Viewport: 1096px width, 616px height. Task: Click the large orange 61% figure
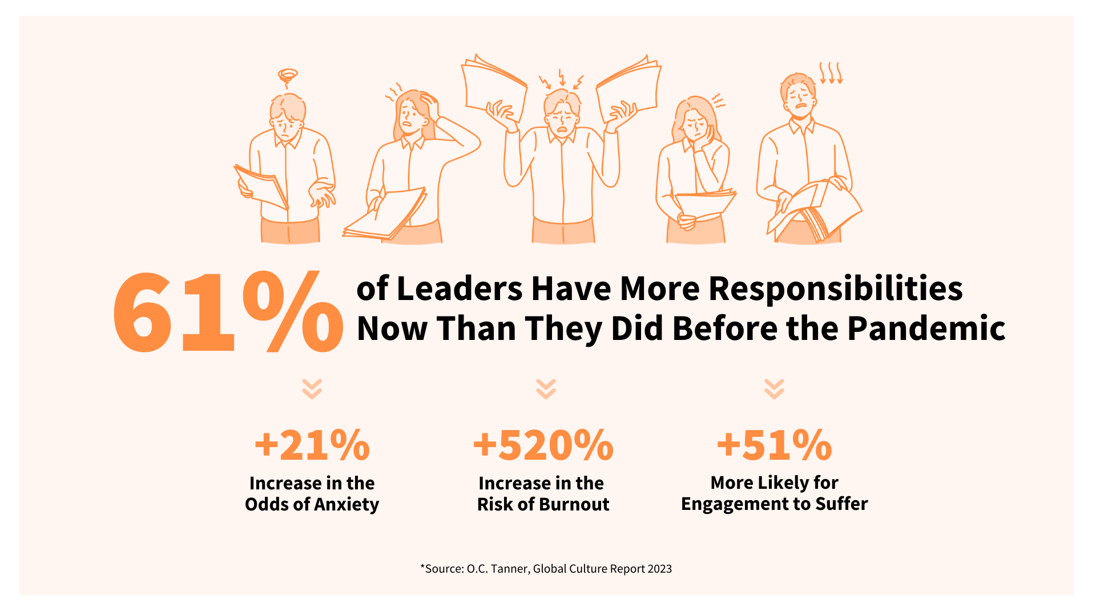227,313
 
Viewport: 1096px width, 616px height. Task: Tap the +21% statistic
312,445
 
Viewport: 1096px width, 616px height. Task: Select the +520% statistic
543,445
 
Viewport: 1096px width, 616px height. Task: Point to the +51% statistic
774,445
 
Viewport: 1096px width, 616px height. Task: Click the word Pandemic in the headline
926,329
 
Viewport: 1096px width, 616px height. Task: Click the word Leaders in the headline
459,289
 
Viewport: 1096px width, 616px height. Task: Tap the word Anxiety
346,504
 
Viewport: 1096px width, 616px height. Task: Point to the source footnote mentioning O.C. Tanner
546,569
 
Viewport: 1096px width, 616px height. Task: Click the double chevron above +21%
312,388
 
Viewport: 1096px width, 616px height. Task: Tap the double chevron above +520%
546,388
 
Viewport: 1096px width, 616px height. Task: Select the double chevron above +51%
774,388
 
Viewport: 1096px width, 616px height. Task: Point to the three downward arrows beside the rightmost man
831,73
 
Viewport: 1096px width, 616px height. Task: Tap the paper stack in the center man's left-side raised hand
494,86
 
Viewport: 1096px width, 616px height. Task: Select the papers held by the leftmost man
261,186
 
